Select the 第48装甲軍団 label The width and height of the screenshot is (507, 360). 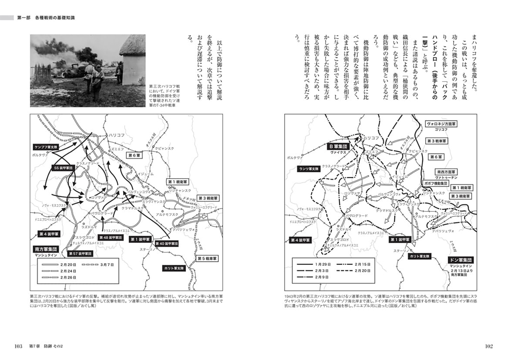tap(111, 238)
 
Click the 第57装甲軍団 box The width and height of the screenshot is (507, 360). tap(80, 253)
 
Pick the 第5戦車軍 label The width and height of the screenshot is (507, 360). tap(207, 259)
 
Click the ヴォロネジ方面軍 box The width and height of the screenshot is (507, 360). tap(441, 124)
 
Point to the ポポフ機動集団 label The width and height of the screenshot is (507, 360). tap(435, 183)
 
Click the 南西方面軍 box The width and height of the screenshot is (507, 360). tap(446, 172)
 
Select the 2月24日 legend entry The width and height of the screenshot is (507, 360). tap(69, 271)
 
